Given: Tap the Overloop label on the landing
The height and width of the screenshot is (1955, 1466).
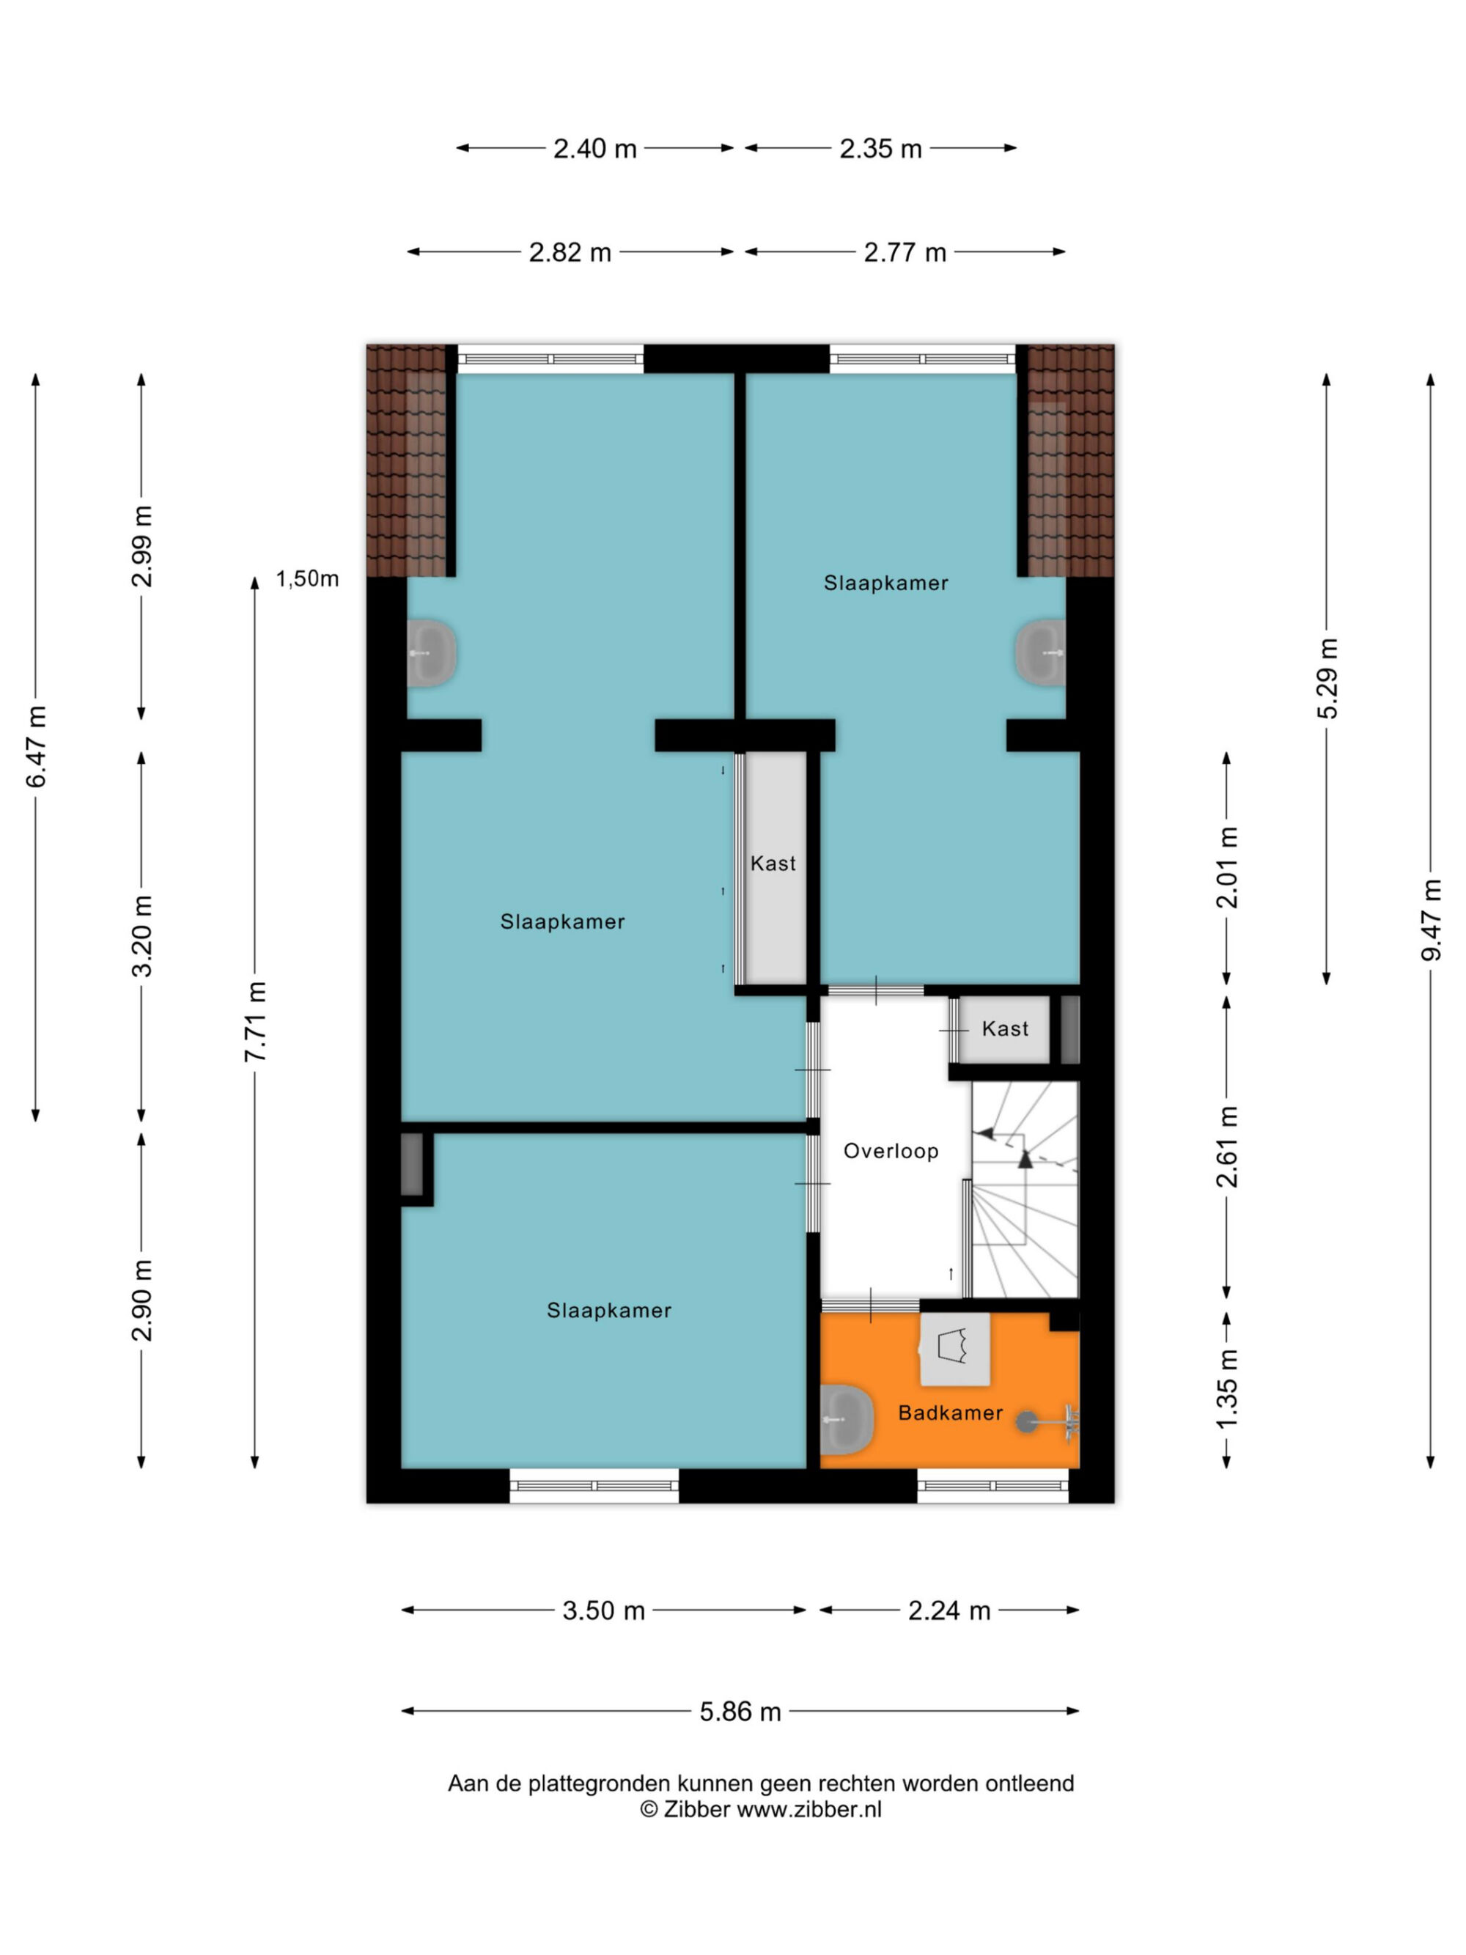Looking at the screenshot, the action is [891, 1151].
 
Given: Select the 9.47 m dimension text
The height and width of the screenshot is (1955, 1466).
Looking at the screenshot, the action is [1431, 919].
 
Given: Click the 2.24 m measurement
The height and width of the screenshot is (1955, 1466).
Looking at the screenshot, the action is [949, 1610].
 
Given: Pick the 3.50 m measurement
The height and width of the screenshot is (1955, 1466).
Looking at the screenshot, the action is [603, 1610].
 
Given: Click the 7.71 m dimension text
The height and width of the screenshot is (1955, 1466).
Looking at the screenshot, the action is [255, 1021].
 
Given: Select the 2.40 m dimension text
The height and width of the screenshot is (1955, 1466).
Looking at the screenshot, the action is [594, 149].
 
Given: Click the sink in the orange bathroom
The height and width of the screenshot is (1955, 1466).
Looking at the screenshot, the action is [847, 1419].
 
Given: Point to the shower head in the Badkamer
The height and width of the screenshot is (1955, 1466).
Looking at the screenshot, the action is [1026, 1421].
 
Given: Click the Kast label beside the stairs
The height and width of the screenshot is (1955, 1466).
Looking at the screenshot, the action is [1005, 1028].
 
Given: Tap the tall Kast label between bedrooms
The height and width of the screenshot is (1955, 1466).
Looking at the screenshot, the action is [773, 864].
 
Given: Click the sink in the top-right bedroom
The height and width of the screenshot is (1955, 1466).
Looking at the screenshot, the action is [1040, 653].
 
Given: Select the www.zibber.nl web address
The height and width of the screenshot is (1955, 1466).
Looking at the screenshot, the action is [809, 1809].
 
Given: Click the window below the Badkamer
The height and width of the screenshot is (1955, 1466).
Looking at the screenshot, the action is [992, 1485].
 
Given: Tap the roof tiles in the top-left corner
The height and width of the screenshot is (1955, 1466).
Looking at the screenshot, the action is [407, 460].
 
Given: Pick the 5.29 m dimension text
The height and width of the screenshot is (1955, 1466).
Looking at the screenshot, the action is [1327, 678].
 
